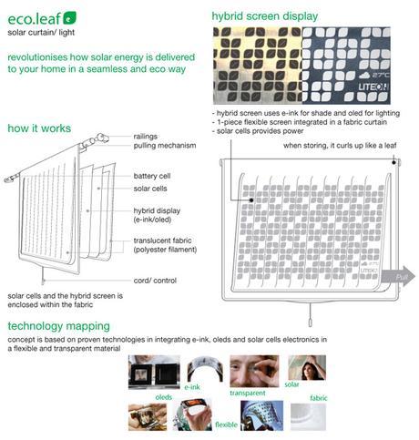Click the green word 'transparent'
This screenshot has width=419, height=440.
(247, 393)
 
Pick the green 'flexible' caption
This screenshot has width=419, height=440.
(227, 425)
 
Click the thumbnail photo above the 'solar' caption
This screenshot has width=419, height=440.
(306, 367)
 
